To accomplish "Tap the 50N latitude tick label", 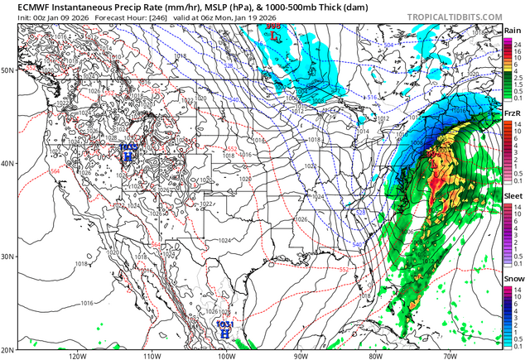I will coord(9,70).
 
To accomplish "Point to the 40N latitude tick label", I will coord(9,163).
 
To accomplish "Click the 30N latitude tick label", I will coord(9,257).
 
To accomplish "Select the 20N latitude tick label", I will coord(9,348).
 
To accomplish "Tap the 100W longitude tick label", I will coord(226,355).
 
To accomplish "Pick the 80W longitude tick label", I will coord(374,355).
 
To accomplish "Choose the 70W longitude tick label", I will coord(448,355).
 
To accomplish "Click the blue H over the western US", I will coord(128,154).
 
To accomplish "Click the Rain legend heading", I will coord(513,31).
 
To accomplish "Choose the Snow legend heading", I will coord(513,279).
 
